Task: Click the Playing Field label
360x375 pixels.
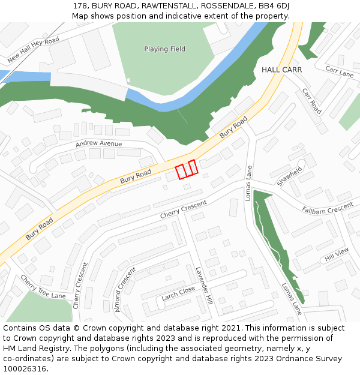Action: point(164,49)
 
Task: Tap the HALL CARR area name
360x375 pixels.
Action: point(281,70)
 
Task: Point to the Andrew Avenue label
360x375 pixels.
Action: point(98,144)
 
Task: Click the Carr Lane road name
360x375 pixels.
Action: point(340,72)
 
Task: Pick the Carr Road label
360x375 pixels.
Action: point(312,101)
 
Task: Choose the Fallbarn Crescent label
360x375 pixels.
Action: point(328,208)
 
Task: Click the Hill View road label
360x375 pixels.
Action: point(337,256)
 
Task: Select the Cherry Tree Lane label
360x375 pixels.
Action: point(43,287)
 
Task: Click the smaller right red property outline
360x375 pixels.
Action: point(193,167)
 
